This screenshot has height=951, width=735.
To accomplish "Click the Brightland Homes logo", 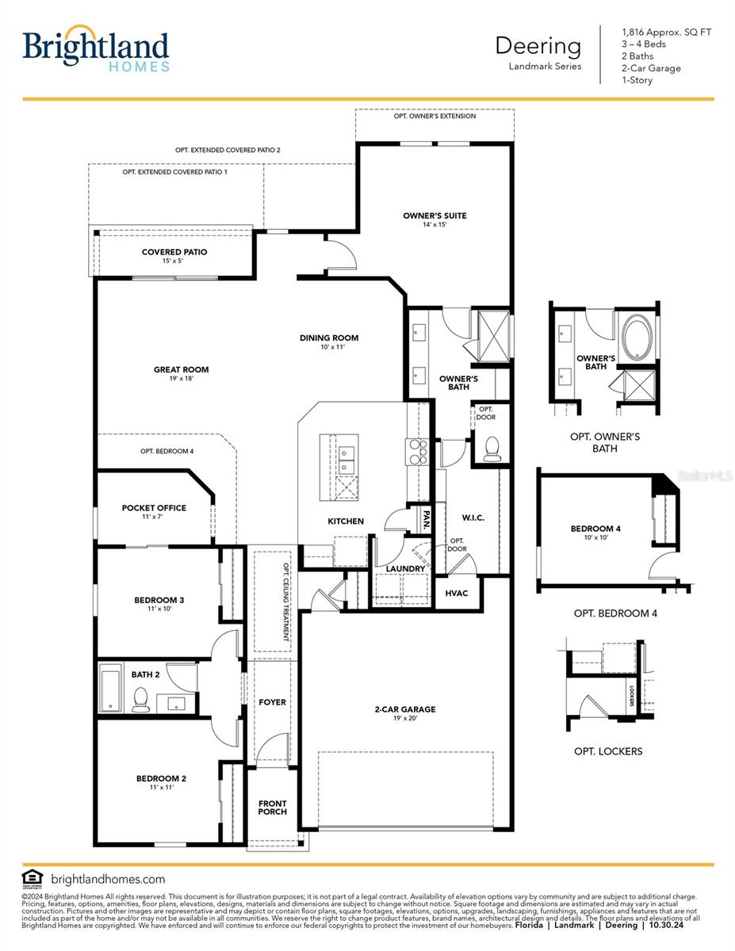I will (x=96, y=49).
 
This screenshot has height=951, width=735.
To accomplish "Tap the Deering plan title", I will (x=538, y=45).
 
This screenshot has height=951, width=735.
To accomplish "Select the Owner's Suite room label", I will (x=434, y=216).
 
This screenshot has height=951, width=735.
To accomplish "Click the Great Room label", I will (x=181, y=369).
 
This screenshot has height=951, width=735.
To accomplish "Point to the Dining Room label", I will (x=329, y=338).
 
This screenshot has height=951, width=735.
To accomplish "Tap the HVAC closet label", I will (x=457, y=593).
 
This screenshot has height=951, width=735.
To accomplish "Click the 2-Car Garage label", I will (x=405, y=710).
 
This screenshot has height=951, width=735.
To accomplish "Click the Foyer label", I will (x=272, y=702).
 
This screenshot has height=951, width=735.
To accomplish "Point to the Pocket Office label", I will (x=154, y=508).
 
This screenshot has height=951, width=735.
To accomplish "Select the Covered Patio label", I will (x=174, y=252).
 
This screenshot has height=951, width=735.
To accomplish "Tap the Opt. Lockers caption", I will (x=608, y=751).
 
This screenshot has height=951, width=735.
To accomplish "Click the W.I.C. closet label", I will (x=473, y=518).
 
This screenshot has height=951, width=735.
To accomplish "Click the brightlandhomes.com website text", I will (x=108, y=879).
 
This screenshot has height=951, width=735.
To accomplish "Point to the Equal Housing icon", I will (x=33, y=878).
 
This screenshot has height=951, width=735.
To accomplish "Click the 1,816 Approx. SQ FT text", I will (x=666, y=32).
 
